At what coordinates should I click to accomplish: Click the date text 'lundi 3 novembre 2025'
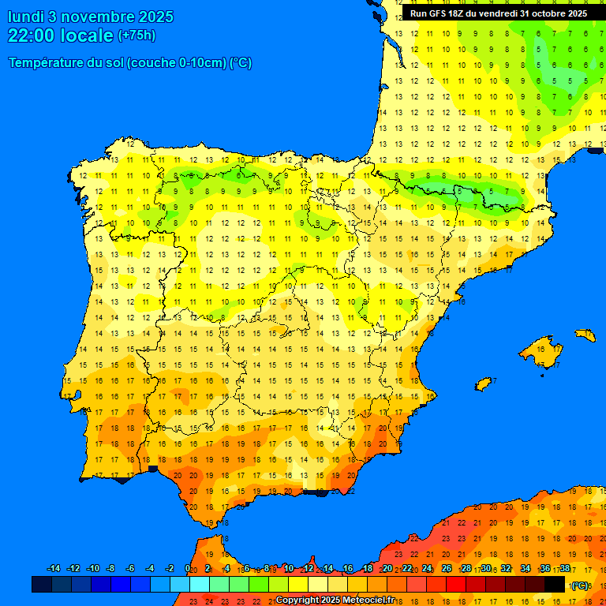click(x=91, y=17)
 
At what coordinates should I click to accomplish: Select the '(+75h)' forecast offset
click(x=137, y=36)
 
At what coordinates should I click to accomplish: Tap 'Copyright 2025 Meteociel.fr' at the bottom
click(x=335, y=600)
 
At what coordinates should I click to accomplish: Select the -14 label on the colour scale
click(x=54, y=569)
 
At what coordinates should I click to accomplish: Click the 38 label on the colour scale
click(x=565, y=569)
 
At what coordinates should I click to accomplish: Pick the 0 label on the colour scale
click(x=187, y=569)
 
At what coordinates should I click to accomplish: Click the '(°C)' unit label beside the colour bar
click(x=580, y=585)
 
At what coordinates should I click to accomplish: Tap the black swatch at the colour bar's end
click(x=555, y=584)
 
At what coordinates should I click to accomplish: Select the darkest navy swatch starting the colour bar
click(x=42, y=584)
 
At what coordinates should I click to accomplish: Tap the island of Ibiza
click(x=483, y=383)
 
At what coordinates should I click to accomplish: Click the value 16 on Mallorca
click(x=541, y=347)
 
